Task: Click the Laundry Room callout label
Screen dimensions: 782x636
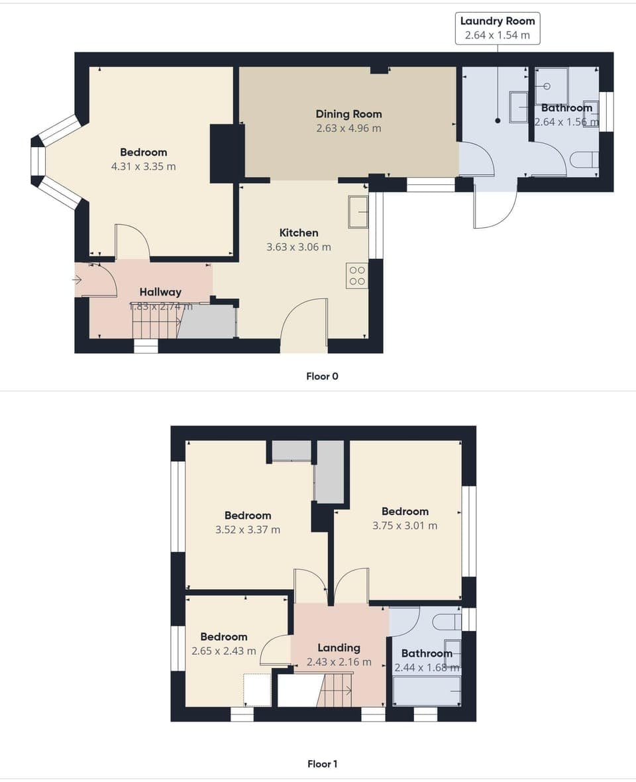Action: [497, 28]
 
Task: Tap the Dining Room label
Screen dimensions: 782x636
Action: [348, 114]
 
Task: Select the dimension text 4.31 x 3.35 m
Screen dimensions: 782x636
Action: [144, 166]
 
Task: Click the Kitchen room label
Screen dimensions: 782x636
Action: [298, 233]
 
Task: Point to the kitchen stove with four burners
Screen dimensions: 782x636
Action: [357, 276]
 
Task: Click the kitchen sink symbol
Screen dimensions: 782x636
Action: [358, 212]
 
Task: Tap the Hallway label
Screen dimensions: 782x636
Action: [160, 292]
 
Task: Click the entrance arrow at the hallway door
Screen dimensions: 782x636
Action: [78, 280]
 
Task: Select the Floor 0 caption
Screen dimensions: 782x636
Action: [322, 376]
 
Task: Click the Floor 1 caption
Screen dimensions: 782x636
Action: [322, 763]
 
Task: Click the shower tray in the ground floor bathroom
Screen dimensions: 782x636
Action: [551, 86]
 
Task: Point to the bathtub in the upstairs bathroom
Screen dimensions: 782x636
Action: [427, 691]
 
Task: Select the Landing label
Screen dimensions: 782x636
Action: [339, 647]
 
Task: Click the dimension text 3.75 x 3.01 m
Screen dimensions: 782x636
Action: [405, 526]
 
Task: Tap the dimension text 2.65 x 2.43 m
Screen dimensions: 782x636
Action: [223, 651]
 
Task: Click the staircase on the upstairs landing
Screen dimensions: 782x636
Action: [335, 691]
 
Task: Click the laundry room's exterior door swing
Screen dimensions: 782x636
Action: [494, 209]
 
